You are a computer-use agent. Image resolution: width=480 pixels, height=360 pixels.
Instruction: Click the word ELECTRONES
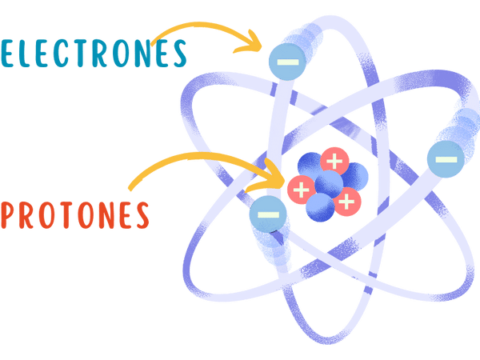pos(94,54)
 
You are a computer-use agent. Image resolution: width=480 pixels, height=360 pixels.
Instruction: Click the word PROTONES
pos(75,215)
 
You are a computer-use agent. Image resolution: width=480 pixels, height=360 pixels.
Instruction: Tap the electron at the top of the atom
pos(287,62)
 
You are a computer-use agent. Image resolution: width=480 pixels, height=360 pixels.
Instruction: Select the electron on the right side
pos(446,159)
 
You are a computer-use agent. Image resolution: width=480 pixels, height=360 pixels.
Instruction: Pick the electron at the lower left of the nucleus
pos(268,214)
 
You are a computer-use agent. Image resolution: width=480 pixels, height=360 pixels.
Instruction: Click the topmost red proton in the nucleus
pos(334,161)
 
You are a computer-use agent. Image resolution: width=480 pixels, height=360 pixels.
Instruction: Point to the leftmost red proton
pos(301,190)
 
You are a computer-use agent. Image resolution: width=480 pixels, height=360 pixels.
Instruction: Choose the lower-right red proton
pos(347,202)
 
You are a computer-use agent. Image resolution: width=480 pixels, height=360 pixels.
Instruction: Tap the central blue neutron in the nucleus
pos(329,184)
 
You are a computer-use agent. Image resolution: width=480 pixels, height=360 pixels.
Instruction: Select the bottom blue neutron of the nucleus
pos(320,207)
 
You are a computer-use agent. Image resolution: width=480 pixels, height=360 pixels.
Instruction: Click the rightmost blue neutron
pos(354,177)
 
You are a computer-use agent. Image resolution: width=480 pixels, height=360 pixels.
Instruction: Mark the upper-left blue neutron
pos(310,166)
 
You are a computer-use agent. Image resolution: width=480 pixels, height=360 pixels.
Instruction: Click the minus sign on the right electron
pos(446,159)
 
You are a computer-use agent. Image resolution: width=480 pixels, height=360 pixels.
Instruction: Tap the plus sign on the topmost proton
pos(334,161)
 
